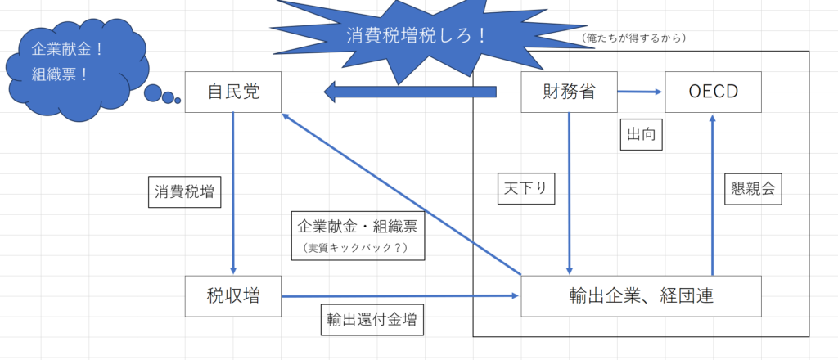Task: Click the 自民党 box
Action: (x=233, y=92)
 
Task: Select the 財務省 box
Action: (x=570, y=92)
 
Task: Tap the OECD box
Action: (x=713, y=92)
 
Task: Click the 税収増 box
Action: (x=233, y=296)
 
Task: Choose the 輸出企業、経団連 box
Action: (x=642, y=296)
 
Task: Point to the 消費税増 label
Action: (x=184, y=191)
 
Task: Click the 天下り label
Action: (x=526, y=188)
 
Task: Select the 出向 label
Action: (x=642, y=135)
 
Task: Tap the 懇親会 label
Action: (x=753, y=188)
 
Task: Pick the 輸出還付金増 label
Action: (x=372, y=320)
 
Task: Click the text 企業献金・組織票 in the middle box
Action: (x=358, y=227)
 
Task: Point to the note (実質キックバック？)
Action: (x=355, y=248)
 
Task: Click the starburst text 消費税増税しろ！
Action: (x=417, y=36)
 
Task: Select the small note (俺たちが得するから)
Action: (x=634, y=38)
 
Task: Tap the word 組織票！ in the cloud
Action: (x=60, y=74)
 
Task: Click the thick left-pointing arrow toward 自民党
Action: (x=411, y=92)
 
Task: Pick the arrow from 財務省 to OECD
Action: (x=640, y=92)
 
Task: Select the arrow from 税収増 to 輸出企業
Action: (x=400, y=295)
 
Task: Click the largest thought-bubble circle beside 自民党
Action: (x=153, y=93)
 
